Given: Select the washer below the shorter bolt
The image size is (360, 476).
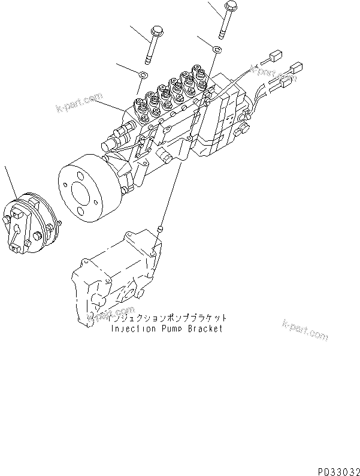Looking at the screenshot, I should pos(143,74).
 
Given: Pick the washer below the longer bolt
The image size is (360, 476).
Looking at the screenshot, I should pos(219,48).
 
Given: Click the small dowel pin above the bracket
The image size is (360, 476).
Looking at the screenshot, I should pos(159,228).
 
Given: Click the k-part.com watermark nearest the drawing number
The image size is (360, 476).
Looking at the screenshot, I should pos(305,330).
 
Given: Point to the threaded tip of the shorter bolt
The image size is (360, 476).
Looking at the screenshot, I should pos(147,59).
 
